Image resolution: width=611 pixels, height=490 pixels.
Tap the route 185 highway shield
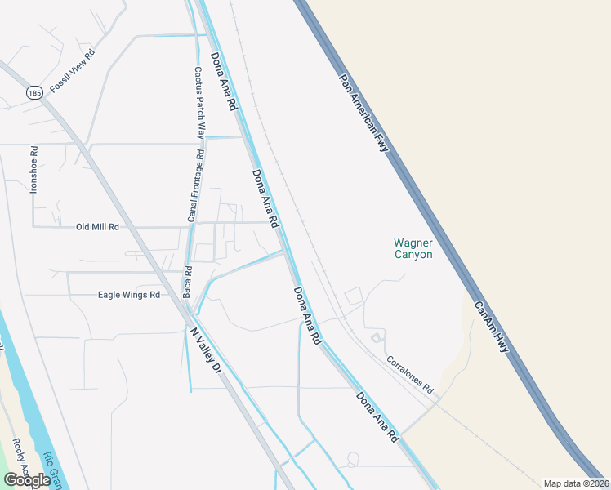pyautogui.click(x=33, y=94)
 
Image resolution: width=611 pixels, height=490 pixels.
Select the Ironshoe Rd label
pyautogui.click(x=33, y=169)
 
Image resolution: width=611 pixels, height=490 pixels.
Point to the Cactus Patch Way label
pyautogui.click(x=199, y=101)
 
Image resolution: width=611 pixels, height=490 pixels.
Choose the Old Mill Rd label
pyautogui.click(x=97, y=227)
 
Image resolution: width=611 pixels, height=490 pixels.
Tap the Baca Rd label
pyautogui.click(x=187, y=282)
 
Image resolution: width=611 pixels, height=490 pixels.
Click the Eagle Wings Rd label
pyautogui.click(x=128, y=295)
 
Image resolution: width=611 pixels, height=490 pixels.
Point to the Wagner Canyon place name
pyautogui.click(x=413, y=248)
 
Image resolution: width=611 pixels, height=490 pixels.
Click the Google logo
pyautogui.click(x=27, y=480)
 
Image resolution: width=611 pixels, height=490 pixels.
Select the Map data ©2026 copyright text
pyautogui.click(x=576, y=483)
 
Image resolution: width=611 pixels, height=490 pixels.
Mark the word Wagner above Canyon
pyautogui.click(x=413, y=243)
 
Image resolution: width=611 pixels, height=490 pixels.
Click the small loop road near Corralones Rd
pyautogui.click(x=377, y=337)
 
